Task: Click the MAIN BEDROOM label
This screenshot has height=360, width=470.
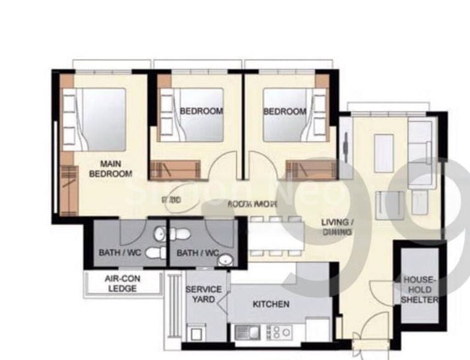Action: tap(110, 169)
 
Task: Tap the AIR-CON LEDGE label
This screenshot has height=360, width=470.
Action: tap(122, 284)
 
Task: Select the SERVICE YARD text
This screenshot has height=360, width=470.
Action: tap(203, 294)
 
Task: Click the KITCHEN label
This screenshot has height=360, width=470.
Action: tap(271, 304)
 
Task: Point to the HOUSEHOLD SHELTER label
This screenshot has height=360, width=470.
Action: tap(420, 290)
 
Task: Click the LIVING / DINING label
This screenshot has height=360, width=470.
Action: tap(337, 227)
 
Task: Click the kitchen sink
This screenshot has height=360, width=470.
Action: tap(247, 332)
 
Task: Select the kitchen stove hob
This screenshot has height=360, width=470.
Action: tap(278, 332)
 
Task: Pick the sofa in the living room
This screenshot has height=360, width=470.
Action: tap(419, 153)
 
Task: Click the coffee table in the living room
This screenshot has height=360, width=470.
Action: tap(384, 153)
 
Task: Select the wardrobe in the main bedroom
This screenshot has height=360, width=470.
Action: tap(69, 182)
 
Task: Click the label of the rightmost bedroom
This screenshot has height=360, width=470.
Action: tap(285, 111)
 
